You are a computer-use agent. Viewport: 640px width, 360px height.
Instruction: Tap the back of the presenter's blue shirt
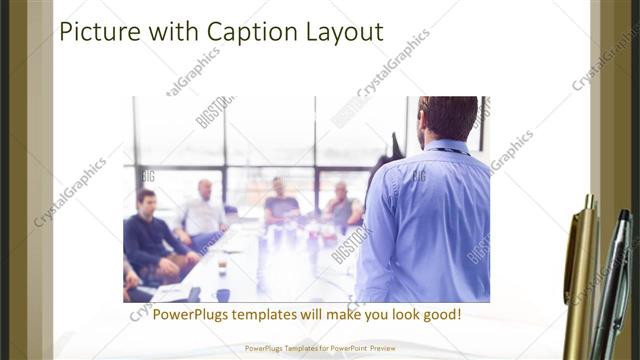pyautogui.click(x=425, y=220)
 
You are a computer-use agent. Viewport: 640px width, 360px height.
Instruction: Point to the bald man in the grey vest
pyautogui.click(x=341, y=205)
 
